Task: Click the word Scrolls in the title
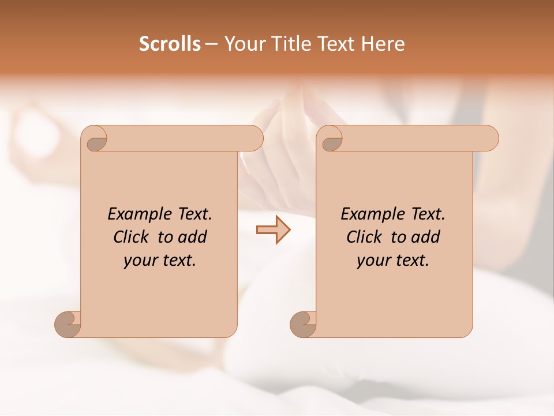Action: (170, 44)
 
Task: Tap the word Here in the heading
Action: (383, 44)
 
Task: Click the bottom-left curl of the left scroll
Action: (68, 324)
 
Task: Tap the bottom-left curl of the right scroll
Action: (303, 324)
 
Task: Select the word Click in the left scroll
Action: (130, 237)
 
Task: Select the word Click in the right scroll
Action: (364, 237)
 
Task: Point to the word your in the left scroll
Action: (138, 261)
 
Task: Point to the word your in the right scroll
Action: (372, 261)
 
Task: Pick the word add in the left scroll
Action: (193, 237)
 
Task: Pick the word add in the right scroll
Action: (426, 237)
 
